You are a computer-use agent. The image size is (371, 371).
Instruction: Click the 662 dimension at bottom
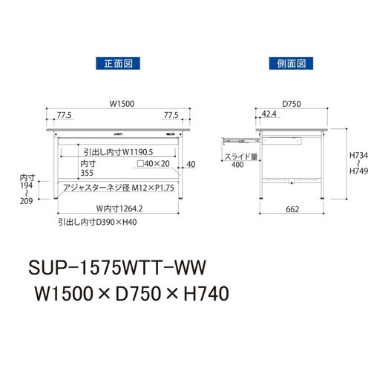(292, 210)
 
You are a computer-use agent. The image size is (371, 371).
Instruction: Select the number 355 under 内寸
(88, 173)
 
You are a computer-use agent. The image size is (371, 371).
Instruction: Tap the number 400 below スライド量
(237, 166)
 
